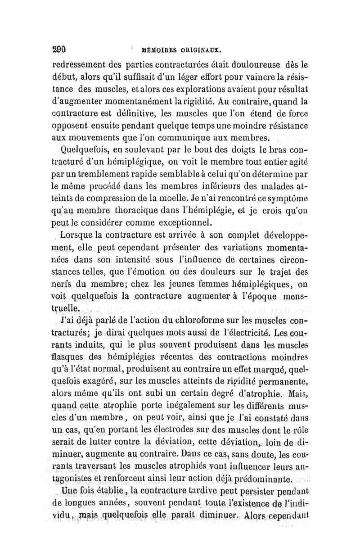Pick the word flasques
click(x=68, y=358)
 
